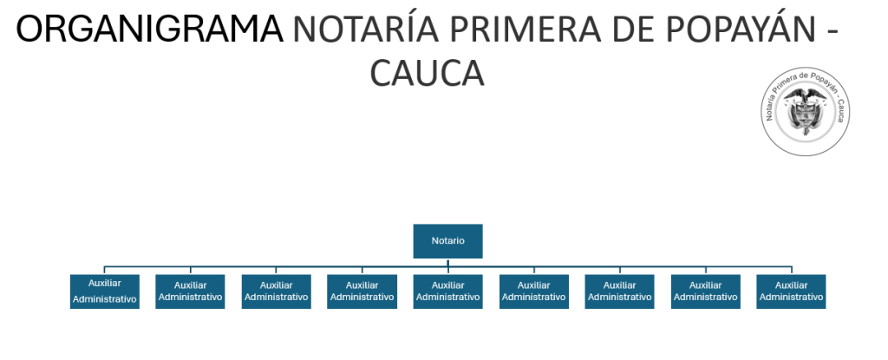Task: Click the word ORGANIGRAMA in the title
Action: (x=150, y=30)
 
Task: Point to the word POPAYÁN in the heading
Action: (x=728, y=30)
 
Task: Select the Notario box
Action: (x=447, y=240)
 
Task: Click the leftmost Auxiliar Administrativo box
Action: (x=104, y=291)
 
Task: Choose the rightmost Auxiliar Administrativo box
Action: (x=791, y=291)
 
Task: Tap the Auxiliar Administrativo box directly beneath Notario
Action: (x=447, y=291)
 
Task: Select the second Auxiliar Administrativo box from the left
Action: (x=190, y=291)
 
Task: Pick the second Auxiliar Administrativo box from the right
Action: (x=705, y=291)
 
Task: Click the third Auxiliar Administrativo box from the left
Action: (x=276, y=291)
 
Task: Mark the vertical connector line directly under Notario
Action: (x=447, y=262)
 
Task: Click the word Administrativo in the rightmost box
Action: (x=791, y=297)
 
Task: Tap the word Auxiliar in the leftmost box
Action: (x=104, y=283)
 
